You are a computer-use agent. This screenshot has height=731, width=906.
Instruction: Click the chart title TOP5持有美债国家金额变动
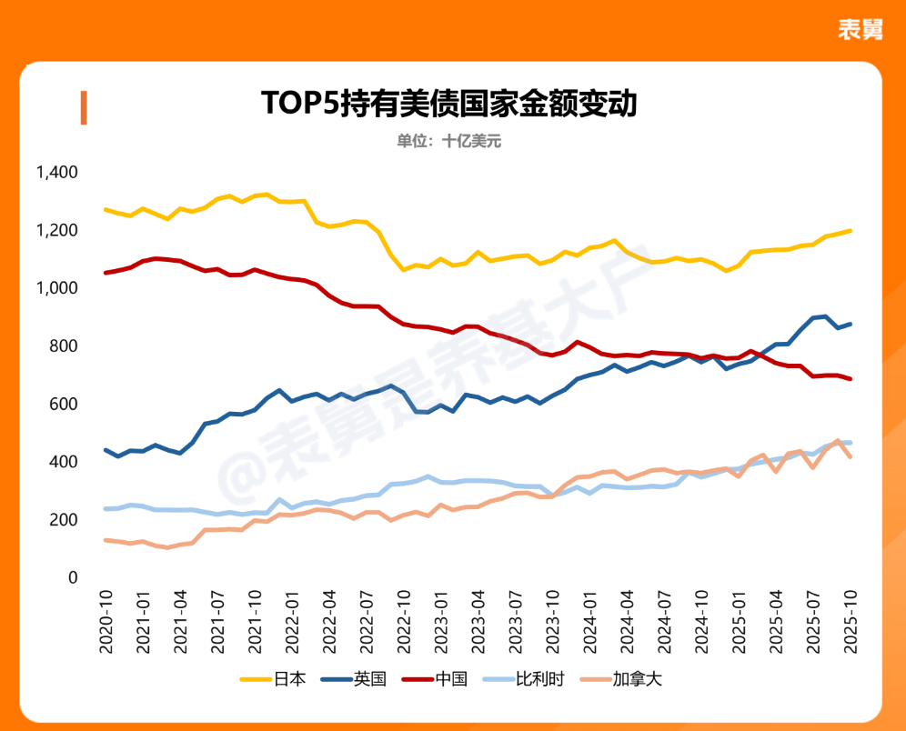[449, 103]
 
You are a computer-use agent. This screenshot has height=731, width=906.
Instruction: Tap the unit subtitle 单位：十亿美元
[449, 141]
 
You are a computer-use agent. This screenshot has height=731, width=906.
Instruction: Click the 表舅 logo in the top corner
[861, 29]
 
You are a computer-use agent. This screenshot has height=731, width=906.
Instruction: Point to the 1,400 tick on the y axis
[56, 172]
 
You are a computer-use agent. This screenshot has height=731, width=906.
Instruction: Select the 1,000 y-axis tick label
[56, 288]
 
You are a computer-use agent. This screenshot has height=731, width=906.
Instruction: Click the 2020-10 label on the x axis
[106, 619]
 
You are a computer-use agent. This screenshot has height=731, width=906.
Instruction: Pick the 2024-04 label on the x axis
[625, 619]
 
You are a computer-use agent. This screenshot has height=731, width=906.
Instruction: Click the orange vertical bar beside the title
[83, 107]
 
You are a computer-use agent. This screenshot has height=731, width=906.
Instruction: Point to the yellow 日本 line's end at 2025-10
[851, 230]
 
